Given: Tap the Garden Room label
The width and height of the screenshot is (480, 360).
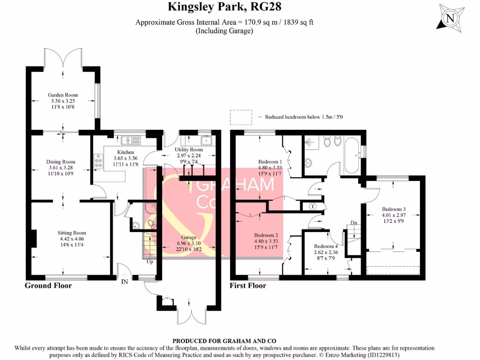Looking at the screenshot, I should [62, 95].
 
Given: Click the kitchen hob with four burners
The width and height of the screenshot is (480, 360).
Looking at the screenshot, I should [99, 161].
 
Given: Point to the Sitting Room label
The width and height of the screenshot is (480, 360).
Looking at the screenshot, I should [72, 232].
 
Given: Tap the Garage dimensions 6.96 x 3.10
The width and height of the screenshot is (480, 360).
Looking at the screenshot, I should [187, 243].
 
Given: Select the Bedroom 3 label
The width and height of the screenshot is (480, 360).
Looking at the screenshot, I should [393, 209].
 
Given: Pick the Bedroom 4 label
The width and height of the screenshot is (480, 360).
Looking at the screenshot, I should [325, 246].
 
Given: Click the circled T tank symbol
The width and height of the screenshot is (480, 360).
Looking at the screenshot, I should [313, 206].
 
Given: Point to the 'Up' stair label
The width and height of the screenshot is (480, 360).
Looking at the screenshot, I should [150, 262].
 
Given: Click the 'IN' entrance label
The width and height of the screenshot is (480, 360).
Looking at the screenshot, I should [125, 281].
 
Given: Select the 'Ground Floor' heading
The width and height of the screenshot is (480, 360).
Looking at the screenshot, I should [48, 285].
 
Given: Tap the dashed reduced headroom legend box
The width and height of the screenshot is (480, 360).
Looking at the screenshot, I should [241, 117].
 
